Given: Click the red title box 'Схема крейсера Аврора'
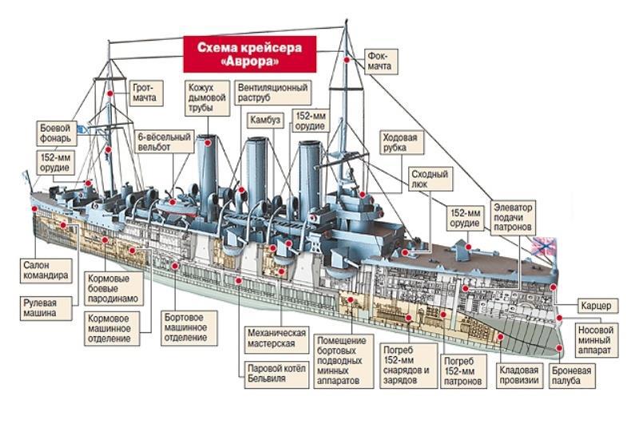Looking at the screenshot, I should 249,53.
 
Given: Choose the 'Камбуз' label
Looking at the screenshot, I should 264,120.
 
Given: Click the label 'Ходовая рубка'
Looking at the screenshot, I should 400,142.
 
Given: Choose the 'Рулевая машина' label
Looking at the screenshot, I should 37,308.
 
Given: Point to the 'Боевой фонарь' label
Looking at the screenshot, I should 57,133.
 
